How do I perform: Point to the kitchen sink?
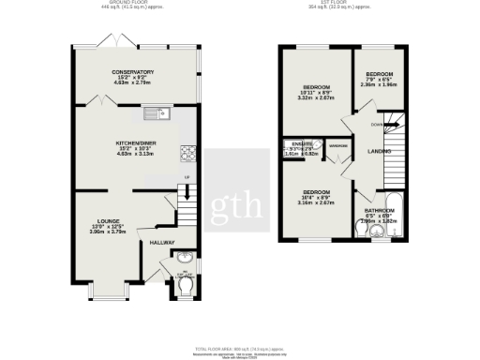[151, 116]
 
